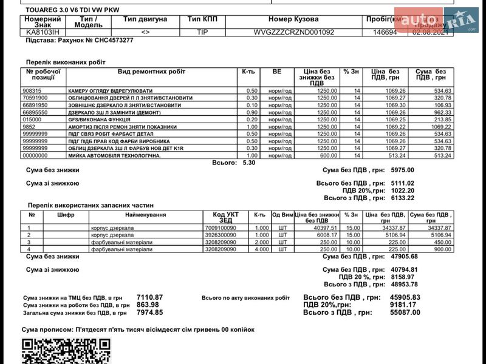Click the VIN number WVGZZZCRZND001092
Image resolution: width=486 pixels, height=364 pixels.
click(293, 32)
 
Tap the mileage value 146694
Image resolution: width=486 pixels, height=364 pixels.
click(385, 32)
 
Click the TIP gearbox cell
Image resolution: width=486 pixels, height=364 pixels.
click(202, 32)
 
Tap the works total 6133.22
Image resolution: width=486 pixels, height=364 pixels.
click(403, 198)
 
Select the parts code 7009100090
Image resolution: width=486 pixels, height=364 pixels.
click(219, 227)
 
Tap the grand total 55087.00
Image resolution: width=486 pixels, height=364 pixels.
click(405, 312)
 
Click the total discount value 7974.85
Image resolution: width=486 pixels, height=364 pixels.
click(149, 312)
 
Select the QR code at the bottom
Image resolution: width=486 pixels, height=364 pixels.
click(67, 351)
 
